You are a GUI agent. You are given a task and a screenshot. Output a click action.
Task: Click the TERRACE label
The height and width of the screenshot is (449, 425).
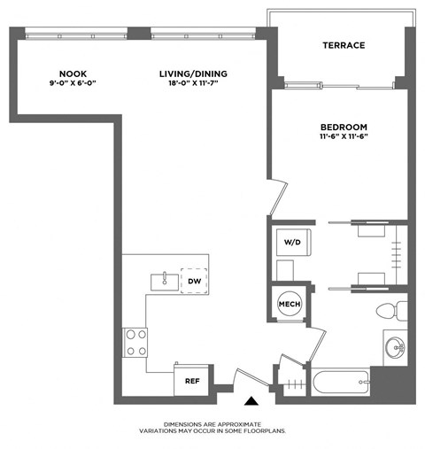(x=344, y=46)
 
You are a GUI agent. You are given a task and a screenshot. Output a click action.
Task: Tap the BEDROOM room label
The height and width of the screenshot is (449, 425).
(x=344, y=128)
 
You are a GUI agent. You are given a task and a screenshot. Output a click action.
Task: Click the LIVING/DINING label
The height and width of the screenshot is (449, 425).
(x=188, y=73)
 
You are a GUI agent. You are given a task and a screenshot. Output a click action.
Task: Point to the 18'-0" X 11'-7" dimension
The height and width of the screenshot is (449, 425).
(x=188, y=83)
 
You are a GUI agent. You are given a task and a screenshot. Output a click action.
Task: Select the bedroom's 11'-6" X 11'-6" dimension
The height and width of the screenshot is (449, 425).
(x=344, y=138)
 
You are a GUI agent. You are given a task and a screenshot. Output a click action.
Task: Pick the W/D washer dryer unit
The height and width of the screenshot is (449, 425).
(x=292, y=240)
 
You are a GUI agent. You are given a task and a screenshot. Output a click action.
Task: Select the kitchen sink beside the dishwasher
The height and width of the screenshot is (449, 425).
(x=164, y=281)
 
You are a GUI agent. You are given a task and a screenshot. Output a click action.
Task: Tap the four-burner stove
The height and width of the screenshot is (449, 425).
(x=135, y=343)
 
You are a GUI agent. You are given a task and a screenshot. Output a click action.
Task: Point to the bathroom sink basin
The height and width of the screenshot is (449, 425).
(x=394, y=344)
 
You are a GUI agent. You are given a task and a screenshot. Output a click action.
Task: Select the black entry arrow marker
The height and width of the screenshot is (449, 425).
(x=254, y=401)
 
